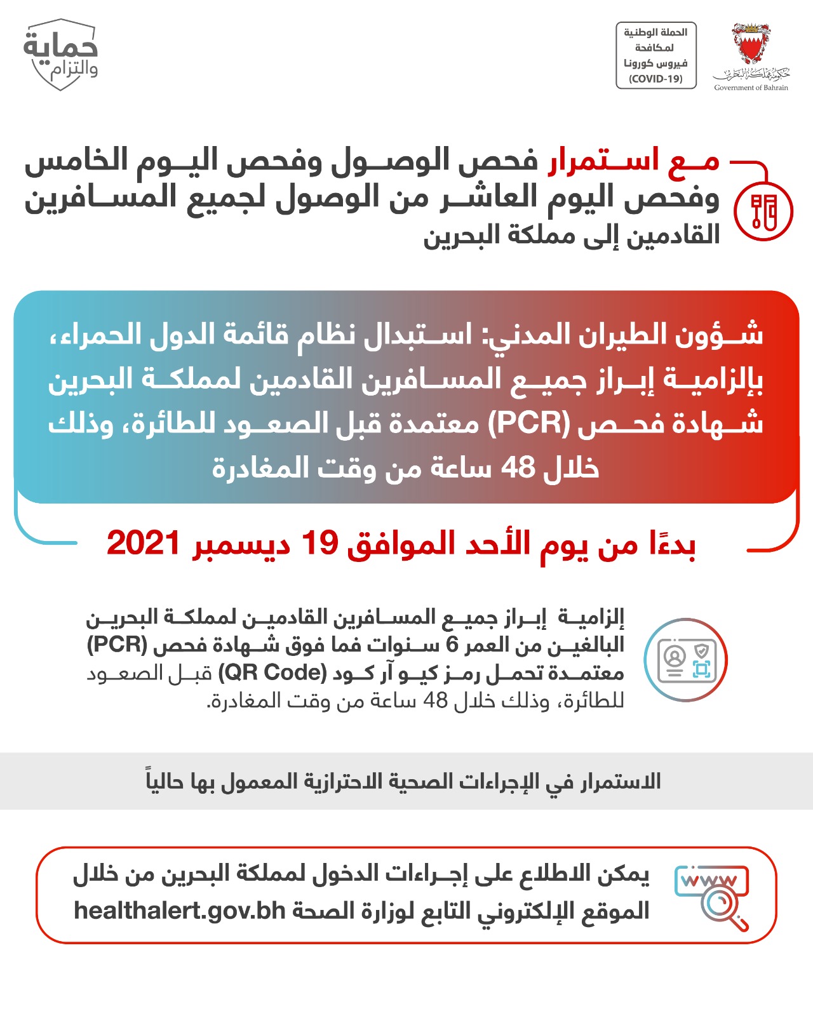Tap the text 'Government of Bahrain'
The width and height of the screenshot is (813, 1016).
pyautogui.click(x=751, y=88)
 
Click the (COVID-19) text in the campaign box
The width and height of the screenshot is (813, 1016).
pyautogui.click(x=655, y=79)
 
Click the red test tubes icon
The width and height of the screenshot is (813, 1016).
pyautogui.click(x=763, y=211)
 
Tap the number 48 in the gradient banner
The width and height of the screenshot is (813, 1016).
pyautogui.click(x=518, y=468)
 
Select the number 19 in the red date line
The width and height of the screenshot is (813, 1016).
pyautogui.click(x=319, y=544)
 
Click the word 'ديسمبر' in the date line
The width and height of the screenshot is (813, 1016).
pyautogui.click(x=243, y=545)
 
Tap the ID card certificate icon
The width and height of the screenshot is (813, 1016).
pyautogui.click(x=686, y=660)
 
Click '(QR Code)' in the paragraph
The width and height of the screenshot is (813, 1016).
pyautogui.click(x=272, y=672)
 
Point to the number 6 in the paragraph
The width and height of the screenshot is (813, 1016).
pyautogui.click(x=452, y=645)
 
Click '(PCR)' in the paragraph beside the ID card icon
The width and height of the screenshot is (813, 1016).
pyautogui.click(x=117, y=645)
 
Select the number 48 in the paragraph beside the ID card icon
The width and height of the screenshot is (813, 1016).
pyautogui.click(x=436, y=700)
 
